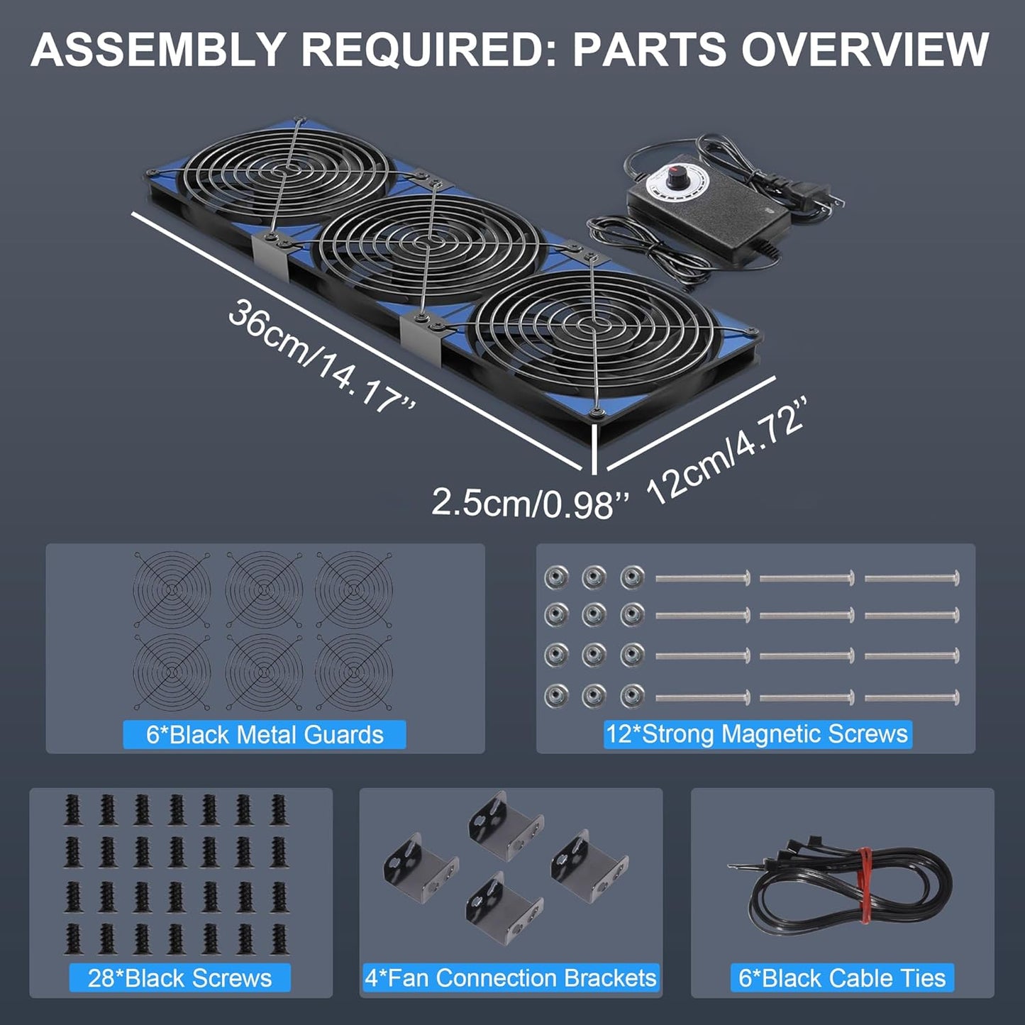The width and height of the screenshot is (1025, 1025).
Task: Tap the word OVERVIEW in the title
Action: pos(865,50)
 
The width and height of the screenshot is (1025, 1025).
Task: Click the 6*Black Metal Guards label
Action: pos(265,734)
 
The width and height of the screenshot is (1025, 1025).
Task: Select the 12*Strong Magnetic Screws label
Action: pos(757,733)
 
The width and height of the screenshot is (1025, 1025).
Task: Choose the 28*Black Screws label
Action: pos(179,978)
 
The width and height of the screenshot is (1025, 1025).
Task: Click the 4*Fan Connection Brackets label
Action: pos(511,978)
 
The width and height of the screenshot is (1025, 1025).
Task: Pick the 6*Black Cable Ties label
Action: pos(842,978)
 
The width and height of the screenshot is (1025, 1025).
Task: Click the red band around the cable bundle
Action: pos(866,886)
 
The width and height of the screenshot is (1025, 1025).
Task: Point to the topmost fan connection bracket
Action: pos(505,825)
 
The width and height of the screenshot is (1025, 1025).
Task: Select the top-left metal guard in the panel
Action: pos(172,589)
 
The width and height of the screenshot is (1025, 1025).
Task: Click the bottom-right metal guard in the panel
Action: pos(354,671)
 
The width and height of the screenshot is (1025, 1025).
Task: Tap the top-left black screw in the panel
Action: pos(73,809)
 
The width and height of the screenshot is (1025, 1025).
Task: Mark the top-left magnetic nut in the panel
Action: pos(556,577)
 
